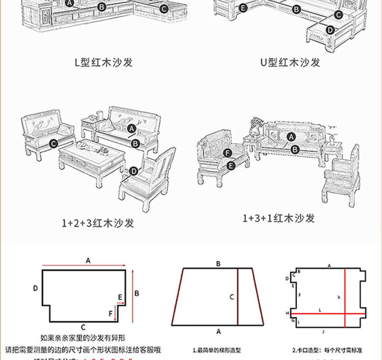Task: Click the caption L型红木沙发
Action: pos(103,63)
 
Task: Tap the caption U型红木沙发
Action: pos(290,63)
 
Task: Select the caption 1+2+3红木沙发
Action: pos(98,223)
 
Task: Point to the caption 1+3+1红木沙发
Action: pos(279,218)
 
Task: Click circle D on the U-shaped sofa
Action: pos(329,30)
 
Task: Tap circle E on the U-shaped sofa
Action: pos(243,8)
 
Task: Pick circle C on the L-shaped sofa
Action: pos(164,9)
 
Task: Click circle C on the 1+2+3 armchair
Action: pos(53,142)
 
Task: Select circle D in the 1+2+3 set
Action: pos(134,171)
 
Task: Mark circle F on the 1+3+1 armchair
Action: pos(228,153)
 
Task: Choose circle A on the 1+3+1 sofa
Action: pos(291,137)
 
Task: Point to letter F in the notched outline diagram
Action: pos(111,314)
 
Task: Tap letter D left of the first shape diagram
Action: pos(35,288)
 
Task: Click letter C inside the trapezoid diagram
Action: pos(232,297)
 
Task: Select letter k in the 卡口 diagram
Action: pos(339,297)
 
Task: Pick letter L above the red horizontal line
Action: pos(320,310)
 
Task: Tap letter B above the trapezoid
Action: pos(218,264)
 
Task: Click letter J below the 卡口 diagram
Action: pos(323,331)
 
